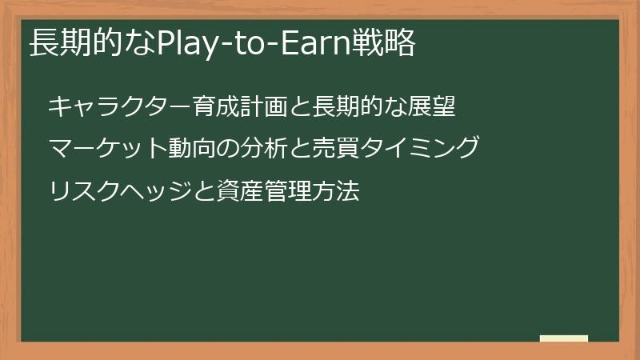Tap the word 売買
(x=336, y=149)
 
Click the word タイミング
(x=419, y=149)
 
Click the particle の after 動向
(x=227, y=149)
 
